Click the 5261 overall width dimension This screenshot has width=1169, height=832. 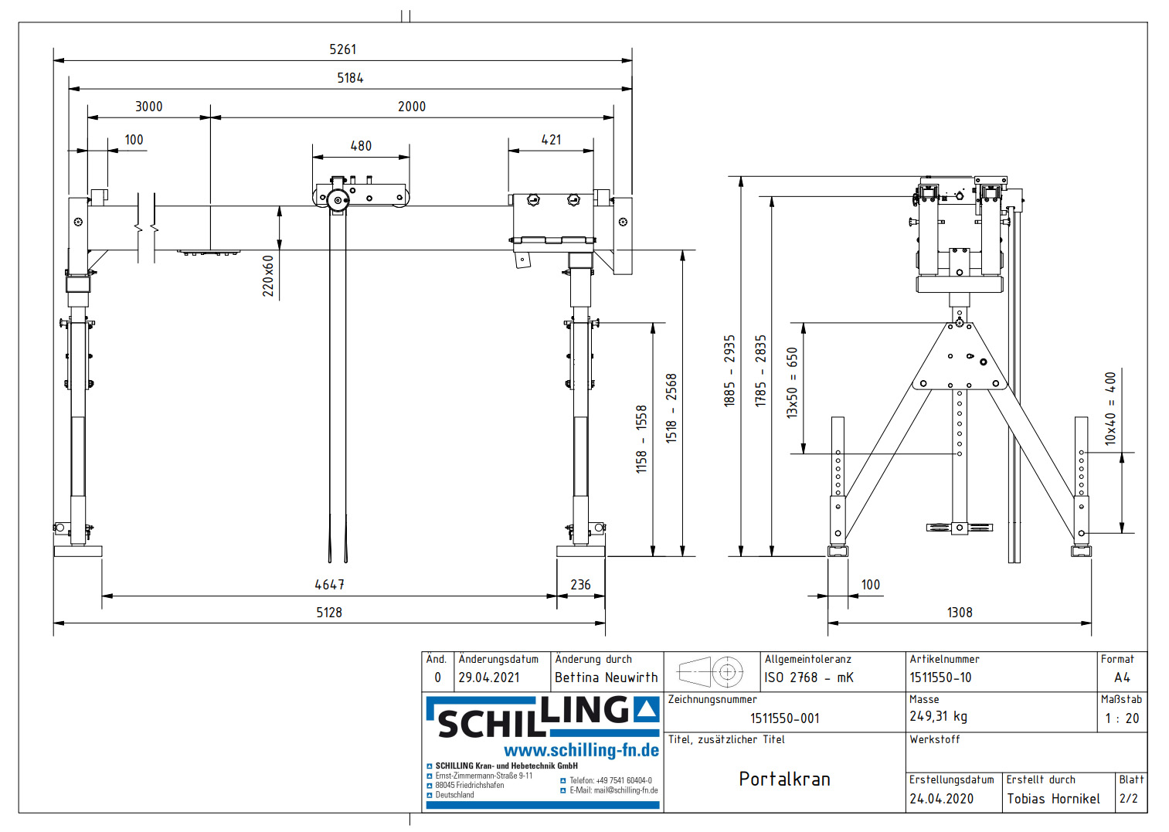343,49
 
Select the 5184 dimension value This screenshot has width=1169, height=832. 350,78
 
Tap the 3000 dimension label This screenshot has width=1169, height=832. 149,107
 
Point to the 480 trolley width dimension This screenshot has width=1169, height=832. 361,146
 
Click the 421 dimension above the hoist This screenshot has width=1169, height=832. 551,140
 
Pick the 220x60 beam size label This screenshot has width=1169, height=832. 268,276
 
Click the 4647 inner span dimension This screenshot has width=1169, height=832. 330,585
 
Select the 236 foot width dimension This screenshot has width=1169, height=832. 580,585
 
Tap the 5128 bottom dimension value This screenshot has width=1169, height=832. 329,613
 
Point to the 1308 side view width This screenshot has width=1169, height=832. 960,613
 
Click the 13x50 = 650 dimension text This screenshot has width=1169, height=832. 792,382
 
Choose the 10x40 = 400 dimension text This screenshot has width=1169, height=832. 1110,409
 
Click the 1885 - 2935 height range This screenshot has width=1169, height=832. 729,371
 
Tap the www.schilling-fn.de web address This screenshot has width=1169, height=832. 581,750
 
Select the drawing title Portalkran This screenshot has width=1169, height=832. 784,779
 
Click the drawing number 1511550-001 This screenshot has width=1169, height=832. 784,718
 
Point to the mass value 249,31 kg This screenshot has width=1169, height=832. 938,716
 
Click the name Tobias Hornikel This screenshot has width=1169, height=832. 1053,799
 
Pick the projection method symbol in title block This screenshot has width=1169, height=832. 710,672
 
